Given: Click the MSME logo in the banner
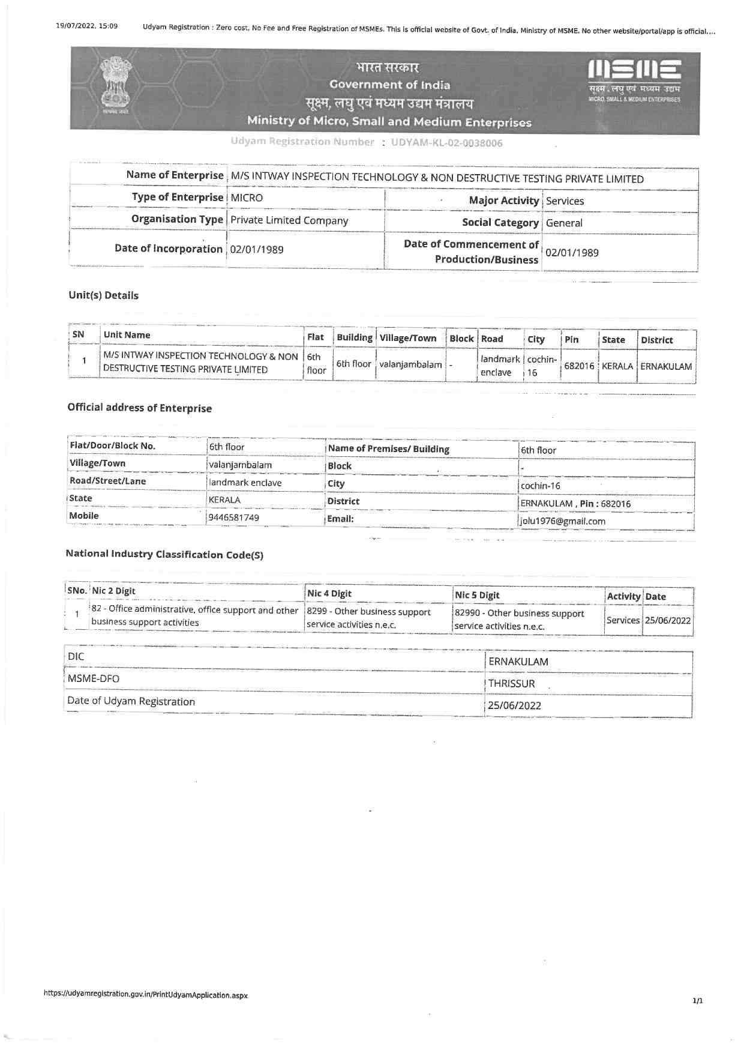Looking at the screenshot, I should (x=634, y=78).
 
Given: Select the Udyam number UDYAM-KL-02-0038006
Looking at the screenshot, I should (x=446, y=143).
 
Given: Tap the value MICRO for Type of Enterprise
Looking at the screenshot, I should (x=247, y=198).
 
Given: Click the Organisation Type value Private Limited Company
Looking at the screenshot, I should (x=289, y=220).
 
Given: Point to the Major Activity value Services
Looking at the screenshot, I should (x=565, y=201).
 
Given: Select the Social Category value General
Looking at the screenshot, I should (x=564, y=223).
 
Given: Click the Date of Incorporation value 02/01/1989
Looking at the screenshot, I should (x=257, y=250).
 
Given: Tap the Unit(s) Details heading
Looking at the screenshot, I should (x=103, y=295).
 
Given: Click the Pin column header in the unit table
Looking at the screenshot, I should (x=571, y=340).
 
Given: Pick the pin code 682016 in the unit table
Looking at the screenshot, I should (x=579, y=366).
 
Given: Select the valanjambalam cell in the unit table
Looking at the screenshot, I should (x=410, y=364).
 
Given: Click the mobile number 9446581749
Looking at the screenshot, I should (x=234, y=517).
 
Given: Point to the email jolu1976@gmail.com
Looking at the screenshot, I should (x=563, y=521).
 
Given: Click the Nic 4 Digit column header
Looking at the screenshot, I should (x=329, y=594).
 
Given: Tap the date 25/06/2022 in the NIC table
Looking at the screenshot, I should (x=668, y=621).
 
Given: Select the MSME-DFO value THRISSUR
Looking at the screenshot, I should (x=511, y=684).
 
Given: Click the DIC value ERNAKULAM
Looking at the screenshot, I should (x=518, y=662).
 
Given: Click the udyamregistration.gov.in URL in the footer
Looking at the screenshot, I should (x=146, y=995).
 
